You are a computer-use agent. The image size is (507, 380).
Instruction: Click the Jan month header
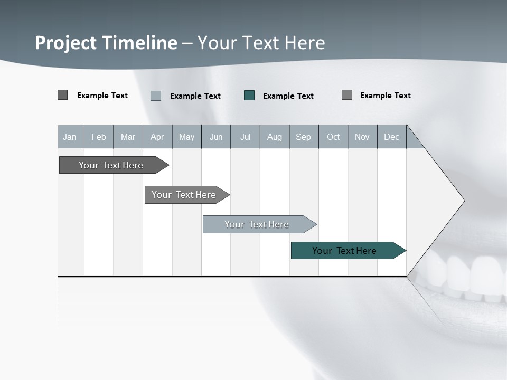point(70,137)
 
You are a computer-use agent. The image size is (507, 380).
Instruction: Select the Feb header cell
point(99,137)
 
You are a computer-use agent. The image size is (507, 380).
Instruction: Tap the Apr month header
point(157,137)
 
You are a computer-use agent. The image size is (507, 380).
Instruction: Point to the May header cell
point(186,137)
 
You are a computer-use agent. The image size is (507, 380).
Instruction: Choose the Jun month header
point(216,137)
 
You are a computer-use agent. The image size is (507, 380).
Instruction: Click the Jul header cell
point(245,137)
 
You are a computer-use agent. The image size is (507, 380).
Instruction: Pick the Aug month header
point(275,137)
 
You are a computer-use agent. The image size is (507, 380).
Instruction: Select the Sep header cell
point(304,137)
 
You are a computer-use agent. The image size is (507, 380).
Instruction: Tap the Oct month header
point(333,137)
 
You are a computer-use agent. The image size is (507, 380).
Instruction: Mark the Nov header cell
point(362,137)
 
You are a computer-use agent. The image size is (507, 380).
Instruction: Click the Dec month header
point(392,137)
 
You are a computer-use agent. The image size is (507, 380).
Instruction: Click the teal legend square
point(249,96)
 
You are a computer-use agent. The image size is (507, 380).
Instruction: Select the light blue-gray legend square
point(156,96)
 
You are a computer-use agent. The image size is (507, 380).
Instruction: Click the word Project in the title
point(67,43)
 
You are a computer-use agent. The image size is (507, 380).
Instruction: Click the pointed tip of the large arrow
point(463,201)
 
